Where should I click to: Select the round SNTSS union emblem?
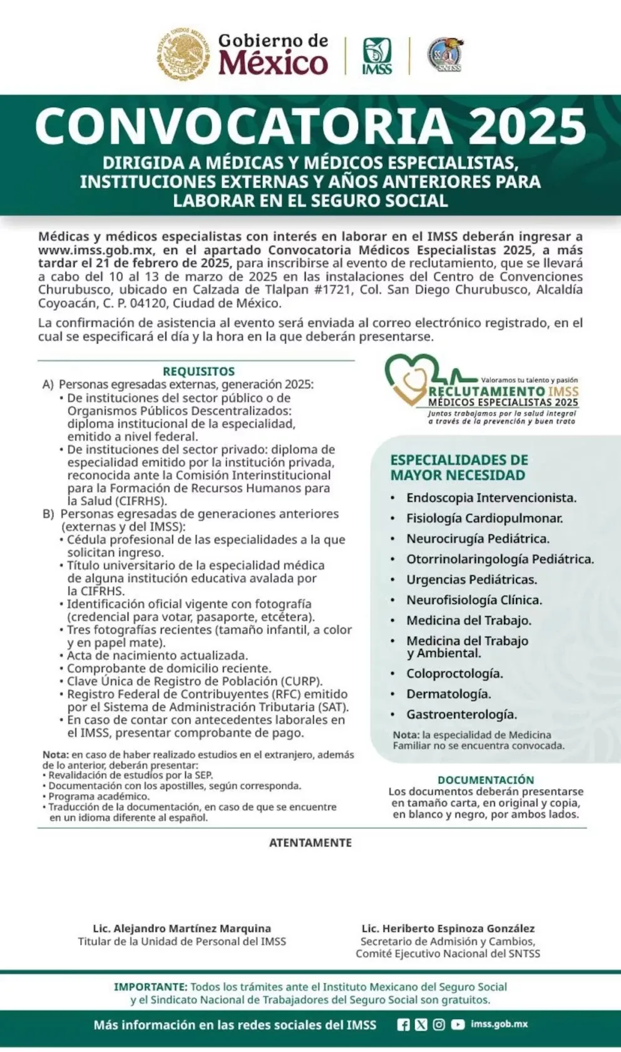(x=445, y=56)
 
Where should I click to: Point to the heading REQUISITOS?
(x=198, y=371)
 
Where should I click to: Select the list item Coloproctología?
(x=454, y=674)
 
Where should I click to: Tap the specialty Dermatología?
(x=448, y=694)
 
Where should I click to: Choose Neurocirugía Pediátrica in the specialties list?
(x=478, y=539)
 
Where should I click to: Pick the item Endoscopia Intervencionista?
(x=491, y=498)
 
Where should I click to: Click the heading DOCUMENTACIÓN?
(x=486, y=780)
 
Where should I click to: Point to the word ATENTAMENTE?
(x=310, y=843)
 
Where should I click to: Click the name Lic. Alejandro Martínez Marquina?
(x=182, y=928)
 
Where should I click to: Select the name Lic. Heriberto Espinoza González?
(x=448, y=928)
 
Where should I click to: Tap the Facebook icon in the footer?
(x=404, y=1024)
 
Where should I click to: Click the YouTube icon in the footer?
(x=458, y=1024)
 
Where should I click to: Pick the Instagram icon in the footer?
(x=439, y=1024)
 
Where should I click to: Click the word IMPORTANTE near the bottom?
(x=150, y=986)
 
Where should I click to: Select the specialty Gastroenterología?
(x=461, y=714)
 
